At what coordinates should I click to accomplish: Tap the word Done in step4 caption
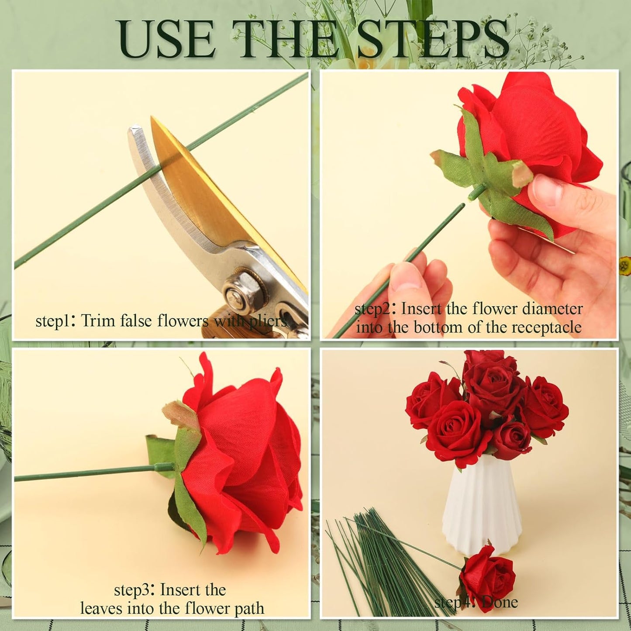500,603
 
